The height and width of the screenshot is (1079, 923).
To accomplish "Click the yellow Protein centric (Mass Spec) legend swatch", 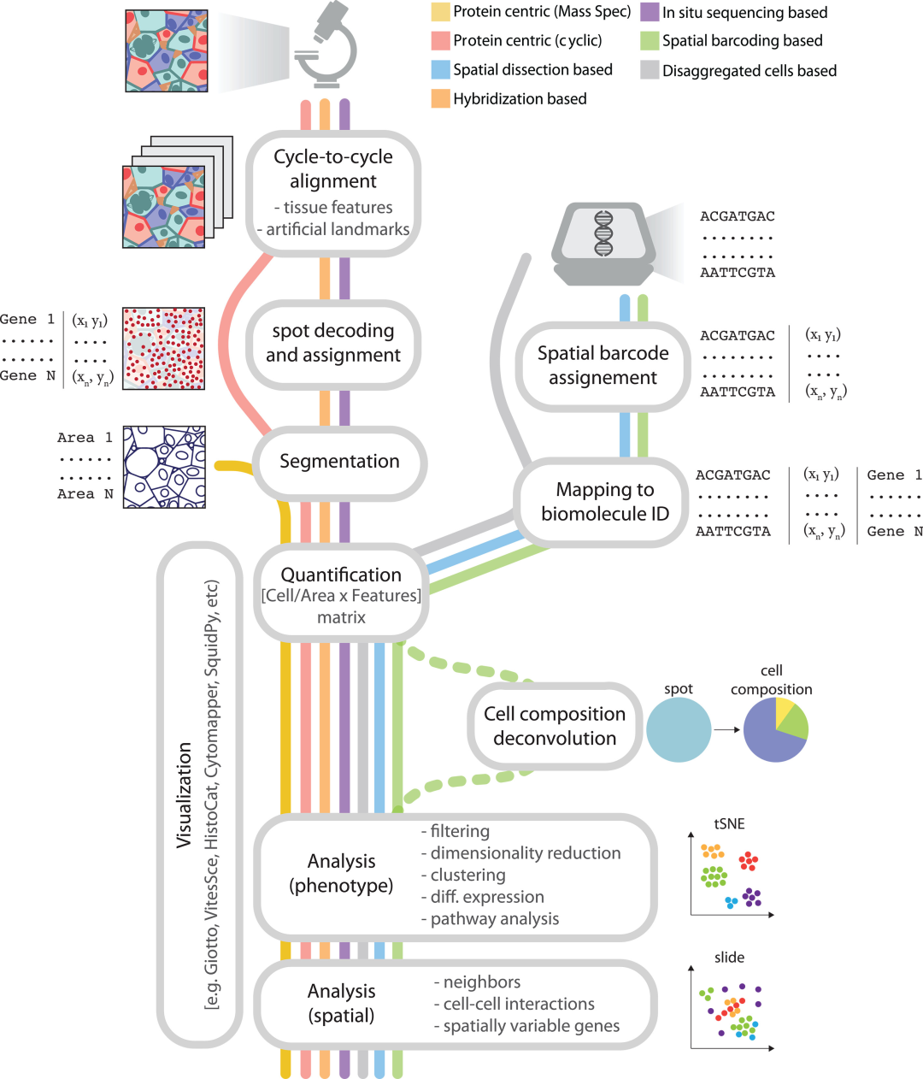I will tap(441, 12).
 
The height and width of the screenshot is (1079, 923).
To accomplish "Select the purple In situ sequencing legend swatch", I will tap(650, 12).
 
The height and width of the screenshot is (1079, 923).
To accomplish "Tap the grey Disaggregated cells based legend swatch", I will tap(650, 70).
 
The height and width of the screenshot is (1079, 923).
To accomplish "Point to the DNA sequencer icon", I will tap(603, 242).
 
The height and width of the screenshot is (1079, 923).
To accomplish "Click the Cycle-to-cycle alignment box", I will tap(333, 193).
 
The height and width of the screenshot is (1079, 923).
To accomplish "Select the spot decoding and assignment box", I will tap(333, 343).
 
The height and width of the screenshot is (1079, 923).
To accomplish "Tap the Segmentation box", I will tap(339, 462).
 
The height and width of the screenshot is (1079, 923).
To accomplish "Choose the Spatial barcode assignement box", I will tap(603, 366).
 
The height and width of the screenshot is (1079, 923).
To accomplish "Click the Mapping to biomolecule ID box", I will tap(604, 502).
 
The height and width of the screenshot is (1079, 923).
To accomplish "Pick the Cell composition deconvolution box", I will tap(555, 726).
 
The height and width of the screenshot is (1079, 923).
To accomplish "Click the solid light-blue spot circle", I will tap(679, 729).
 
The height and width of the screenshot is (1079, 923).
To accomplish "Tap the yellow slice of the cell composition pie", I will tap(784, 710).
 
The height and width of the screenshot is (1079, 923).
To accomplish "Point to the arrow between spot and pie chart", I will tap(727, 729).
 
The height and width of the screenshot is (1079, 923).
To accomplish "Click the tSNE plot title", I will tap(729, 824).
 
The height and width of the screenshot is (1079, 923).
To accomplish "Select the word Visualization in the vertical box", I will tap(184, 795).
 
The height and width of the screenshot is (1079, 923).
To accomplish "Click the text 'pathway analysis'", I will tap(494, 919).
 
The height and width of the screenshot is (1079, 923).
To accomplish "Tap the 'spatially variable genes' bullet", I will tap(531, 1026).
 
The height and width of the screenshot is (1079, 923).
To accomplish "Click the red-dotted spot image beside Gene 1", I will tap(164, 348).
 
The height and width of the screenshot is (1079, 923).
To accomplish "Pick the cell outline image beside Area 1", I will tap(164, 467).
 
